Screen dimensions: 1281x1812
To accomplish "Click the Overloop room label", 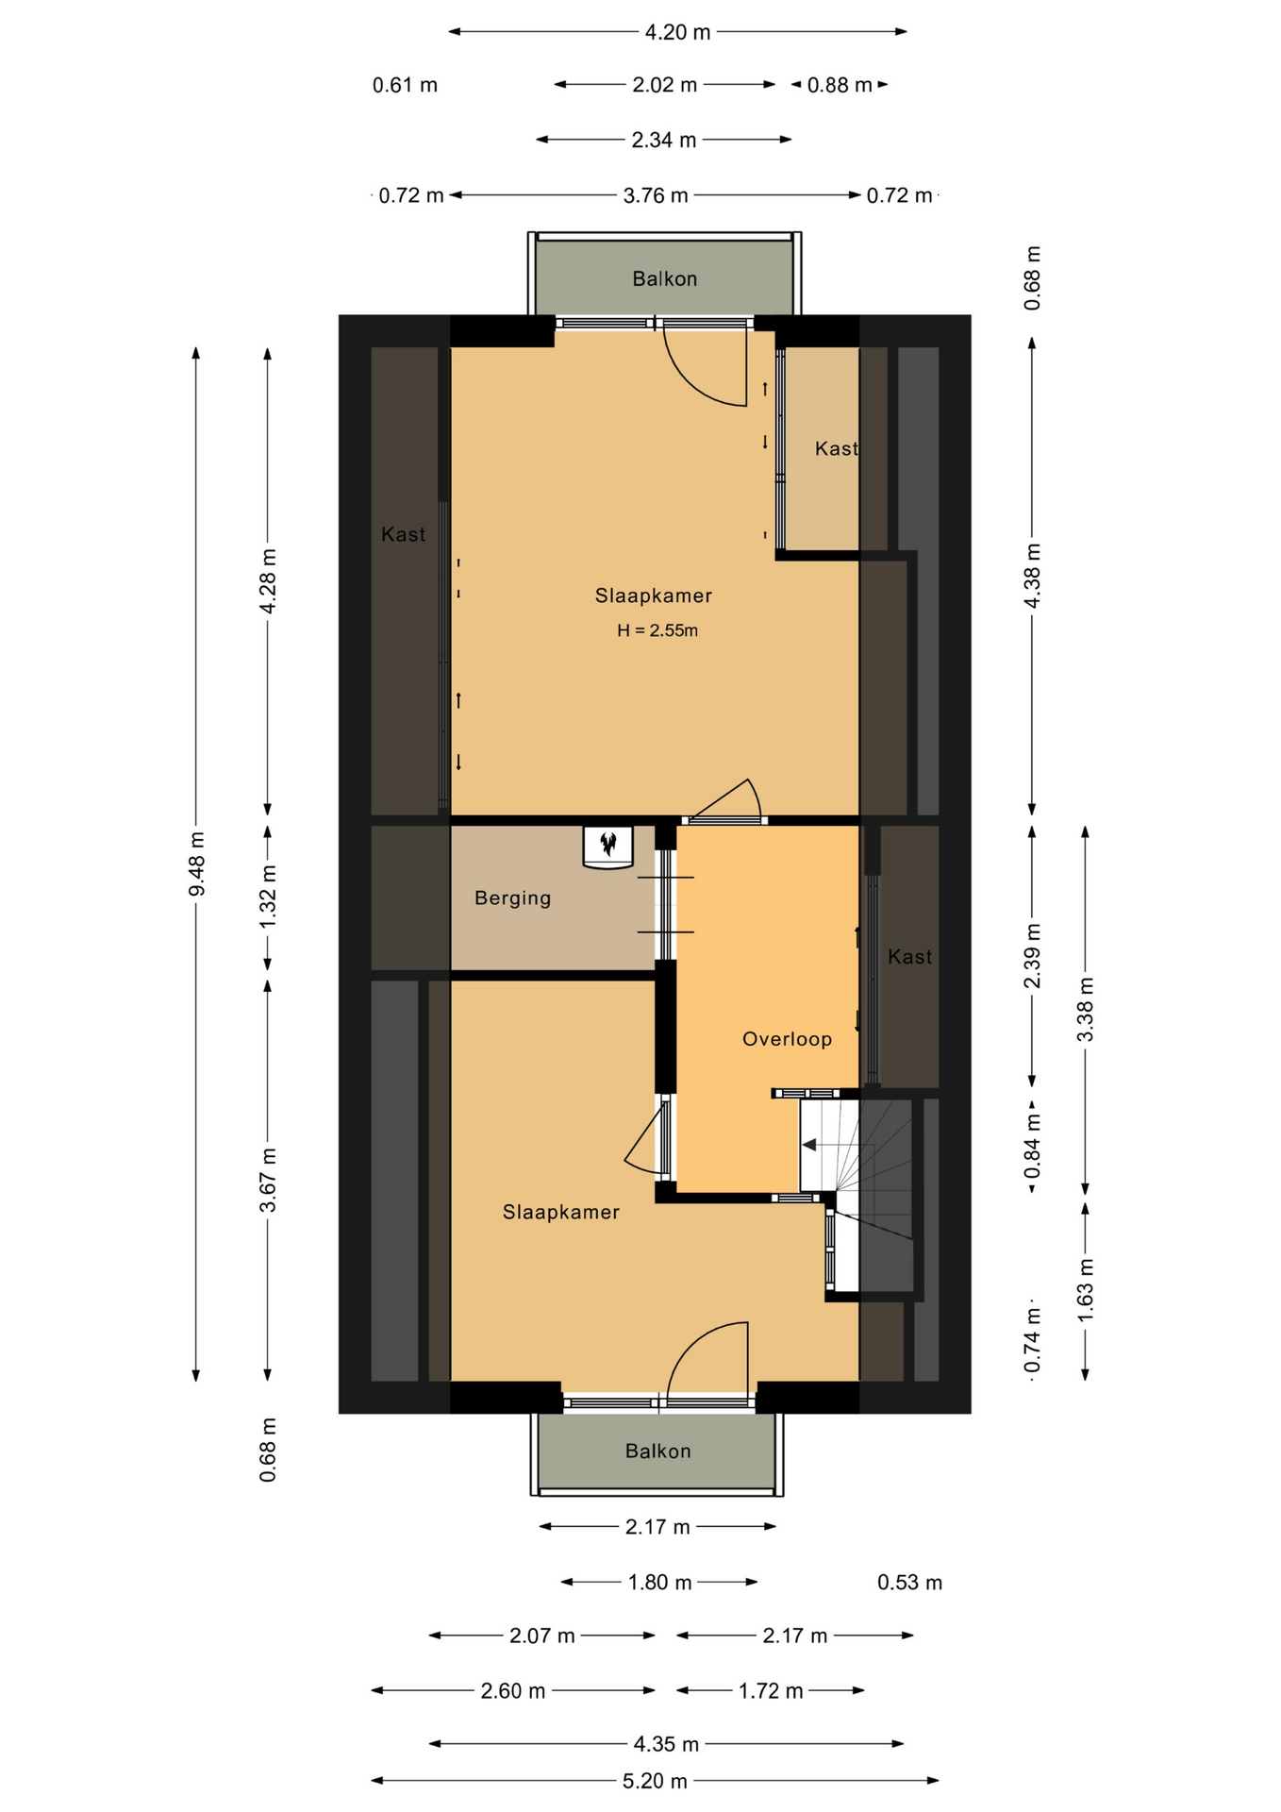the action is click(x=787, y=1039).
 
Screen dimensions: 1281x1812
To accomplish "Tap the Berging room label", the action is click(x=512, y=898).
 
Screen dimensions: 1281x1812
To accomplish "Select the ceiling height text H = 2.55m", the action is click(x=657, y=630).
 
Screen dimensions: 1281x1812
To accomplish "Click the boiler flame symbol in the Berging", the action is click(x=608, y=842).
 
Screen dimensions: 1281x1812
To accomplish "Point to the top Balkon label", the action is click(x=665, y=278).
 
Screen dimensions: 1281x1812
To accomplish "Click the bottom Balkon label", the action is click(x=657, y=1451).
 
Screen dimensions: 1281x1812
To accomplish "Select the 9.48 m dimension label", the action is click(x=196, y=864).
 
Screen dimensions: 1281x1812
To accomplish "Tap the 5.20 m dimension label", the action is click(x=655, y=1781).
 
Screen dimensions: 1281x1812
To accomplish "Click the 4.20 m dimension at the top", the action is click(x=677, y=32).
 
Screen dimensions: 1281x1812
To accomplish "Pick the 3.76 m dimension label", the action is click(x=656, y=195).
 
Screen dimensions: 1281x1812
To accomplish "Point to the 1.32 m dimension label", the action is click(x=268, y=897).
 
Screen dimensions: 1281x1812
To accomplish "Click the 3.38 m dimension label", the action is click(x=1086, y=1010).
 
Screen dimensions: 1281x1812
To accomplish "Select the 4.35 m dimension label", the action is click(x=666, y=1744).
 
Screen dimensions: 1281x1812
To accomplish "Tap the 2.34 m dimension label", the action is click(x=664, y=140).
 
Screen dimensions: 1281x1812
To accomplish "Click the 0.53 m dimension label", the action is click(x=909, y=1583).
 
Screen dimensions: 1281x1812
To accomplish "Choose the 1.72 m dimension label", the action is click(x=771, y=1690).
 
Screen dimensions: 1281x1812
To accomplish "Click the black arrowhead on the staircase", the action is click(x=809, y=1145).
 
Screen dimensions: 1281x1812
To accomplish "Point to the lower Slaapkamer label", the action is click(x=560, y=1212).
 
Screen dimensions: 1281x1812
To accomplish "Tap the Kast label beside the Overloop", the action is click(x=909, y=957).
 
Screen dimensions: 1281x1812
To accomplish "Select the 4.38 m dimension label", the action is click(x=1033, y=577).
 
